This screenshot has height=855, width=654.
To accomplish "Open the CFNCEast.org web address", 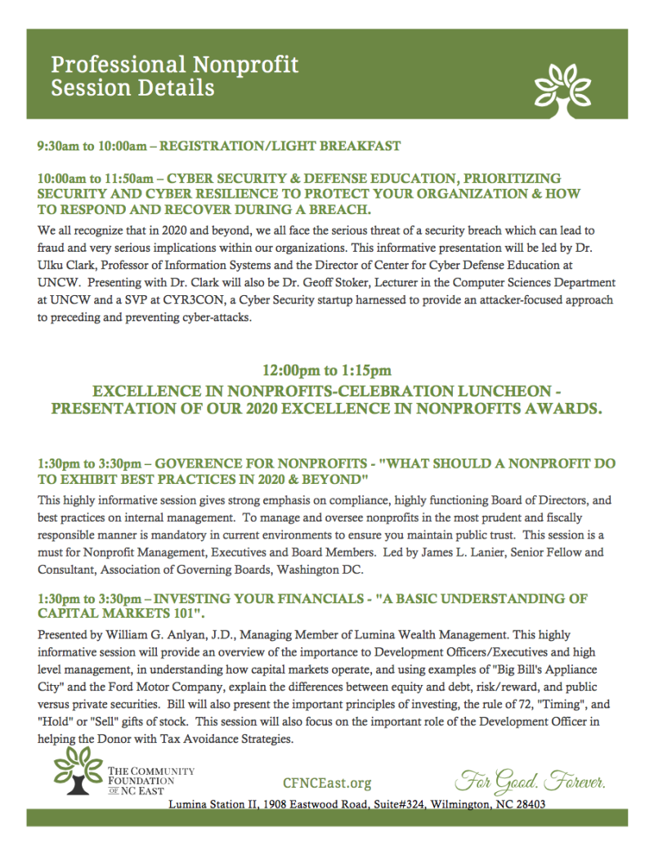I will (326, 783).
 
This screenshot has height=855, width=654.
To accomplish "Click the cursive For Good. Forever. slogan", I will (531, 781).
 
